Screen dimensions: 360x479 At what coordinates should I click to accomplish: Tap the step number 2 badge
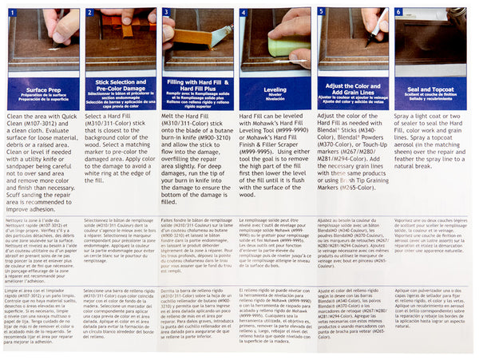90,12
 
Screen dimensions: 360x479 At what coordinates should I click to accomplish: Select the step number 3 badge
167,12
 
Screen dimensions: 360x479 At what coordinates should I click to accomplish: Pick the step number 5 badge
321,12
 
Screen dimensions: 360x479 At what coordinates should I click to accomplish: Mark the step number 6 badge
398,12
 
